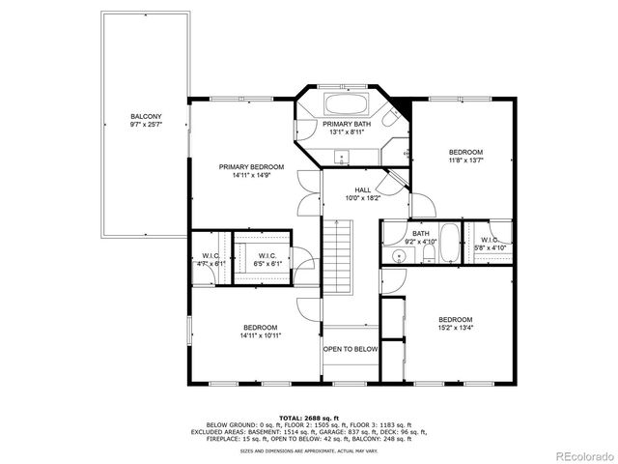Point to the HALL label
tap(363, 190)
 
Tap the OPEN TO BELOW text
tap(350, 349)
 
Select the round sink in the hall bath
tap(398, 256)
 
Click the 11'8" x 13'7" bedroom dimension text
tap(465, 162)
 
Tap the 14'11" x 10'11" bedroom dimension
tap(261, 336)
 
